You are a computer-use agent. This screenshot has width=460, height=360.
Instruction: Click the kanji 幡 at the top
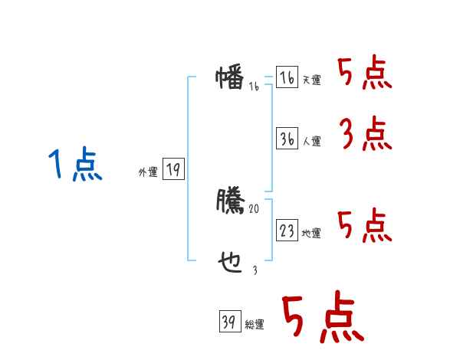230,78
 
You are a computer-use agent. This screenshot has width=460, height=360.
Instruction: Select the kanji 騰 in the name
230,200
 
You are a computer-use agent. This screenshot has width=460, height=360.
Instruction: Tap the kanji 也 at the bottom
230,261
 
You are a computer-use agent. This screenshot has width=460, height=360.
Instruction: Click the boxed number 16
287,78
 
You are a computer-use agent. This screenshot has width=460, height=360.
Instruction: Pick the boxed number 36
287,139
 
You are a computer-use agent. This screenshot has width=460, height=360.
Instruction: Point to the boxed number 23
287,231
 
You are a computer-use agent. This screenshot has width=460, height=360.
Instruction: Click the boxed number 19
173,170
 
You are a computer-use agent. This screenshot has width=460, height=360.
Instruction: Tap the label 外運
147,172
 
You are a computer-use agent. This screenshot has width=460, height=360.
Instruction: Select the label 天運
311,80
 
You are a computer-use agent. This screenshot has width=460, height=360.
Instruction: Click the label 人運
311,142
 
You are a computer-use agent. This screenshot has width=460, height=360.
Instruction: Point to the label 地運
311,234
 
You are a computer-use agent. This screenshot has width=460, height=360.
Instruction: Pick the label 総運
254,326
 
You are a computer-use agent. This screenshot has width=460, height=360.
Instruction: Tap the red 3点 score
365,135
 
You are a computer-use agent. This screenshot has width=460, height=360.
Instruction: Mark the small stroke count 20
255,209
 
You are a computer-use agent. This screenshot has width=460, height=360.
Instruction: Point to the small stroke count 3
255,270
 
